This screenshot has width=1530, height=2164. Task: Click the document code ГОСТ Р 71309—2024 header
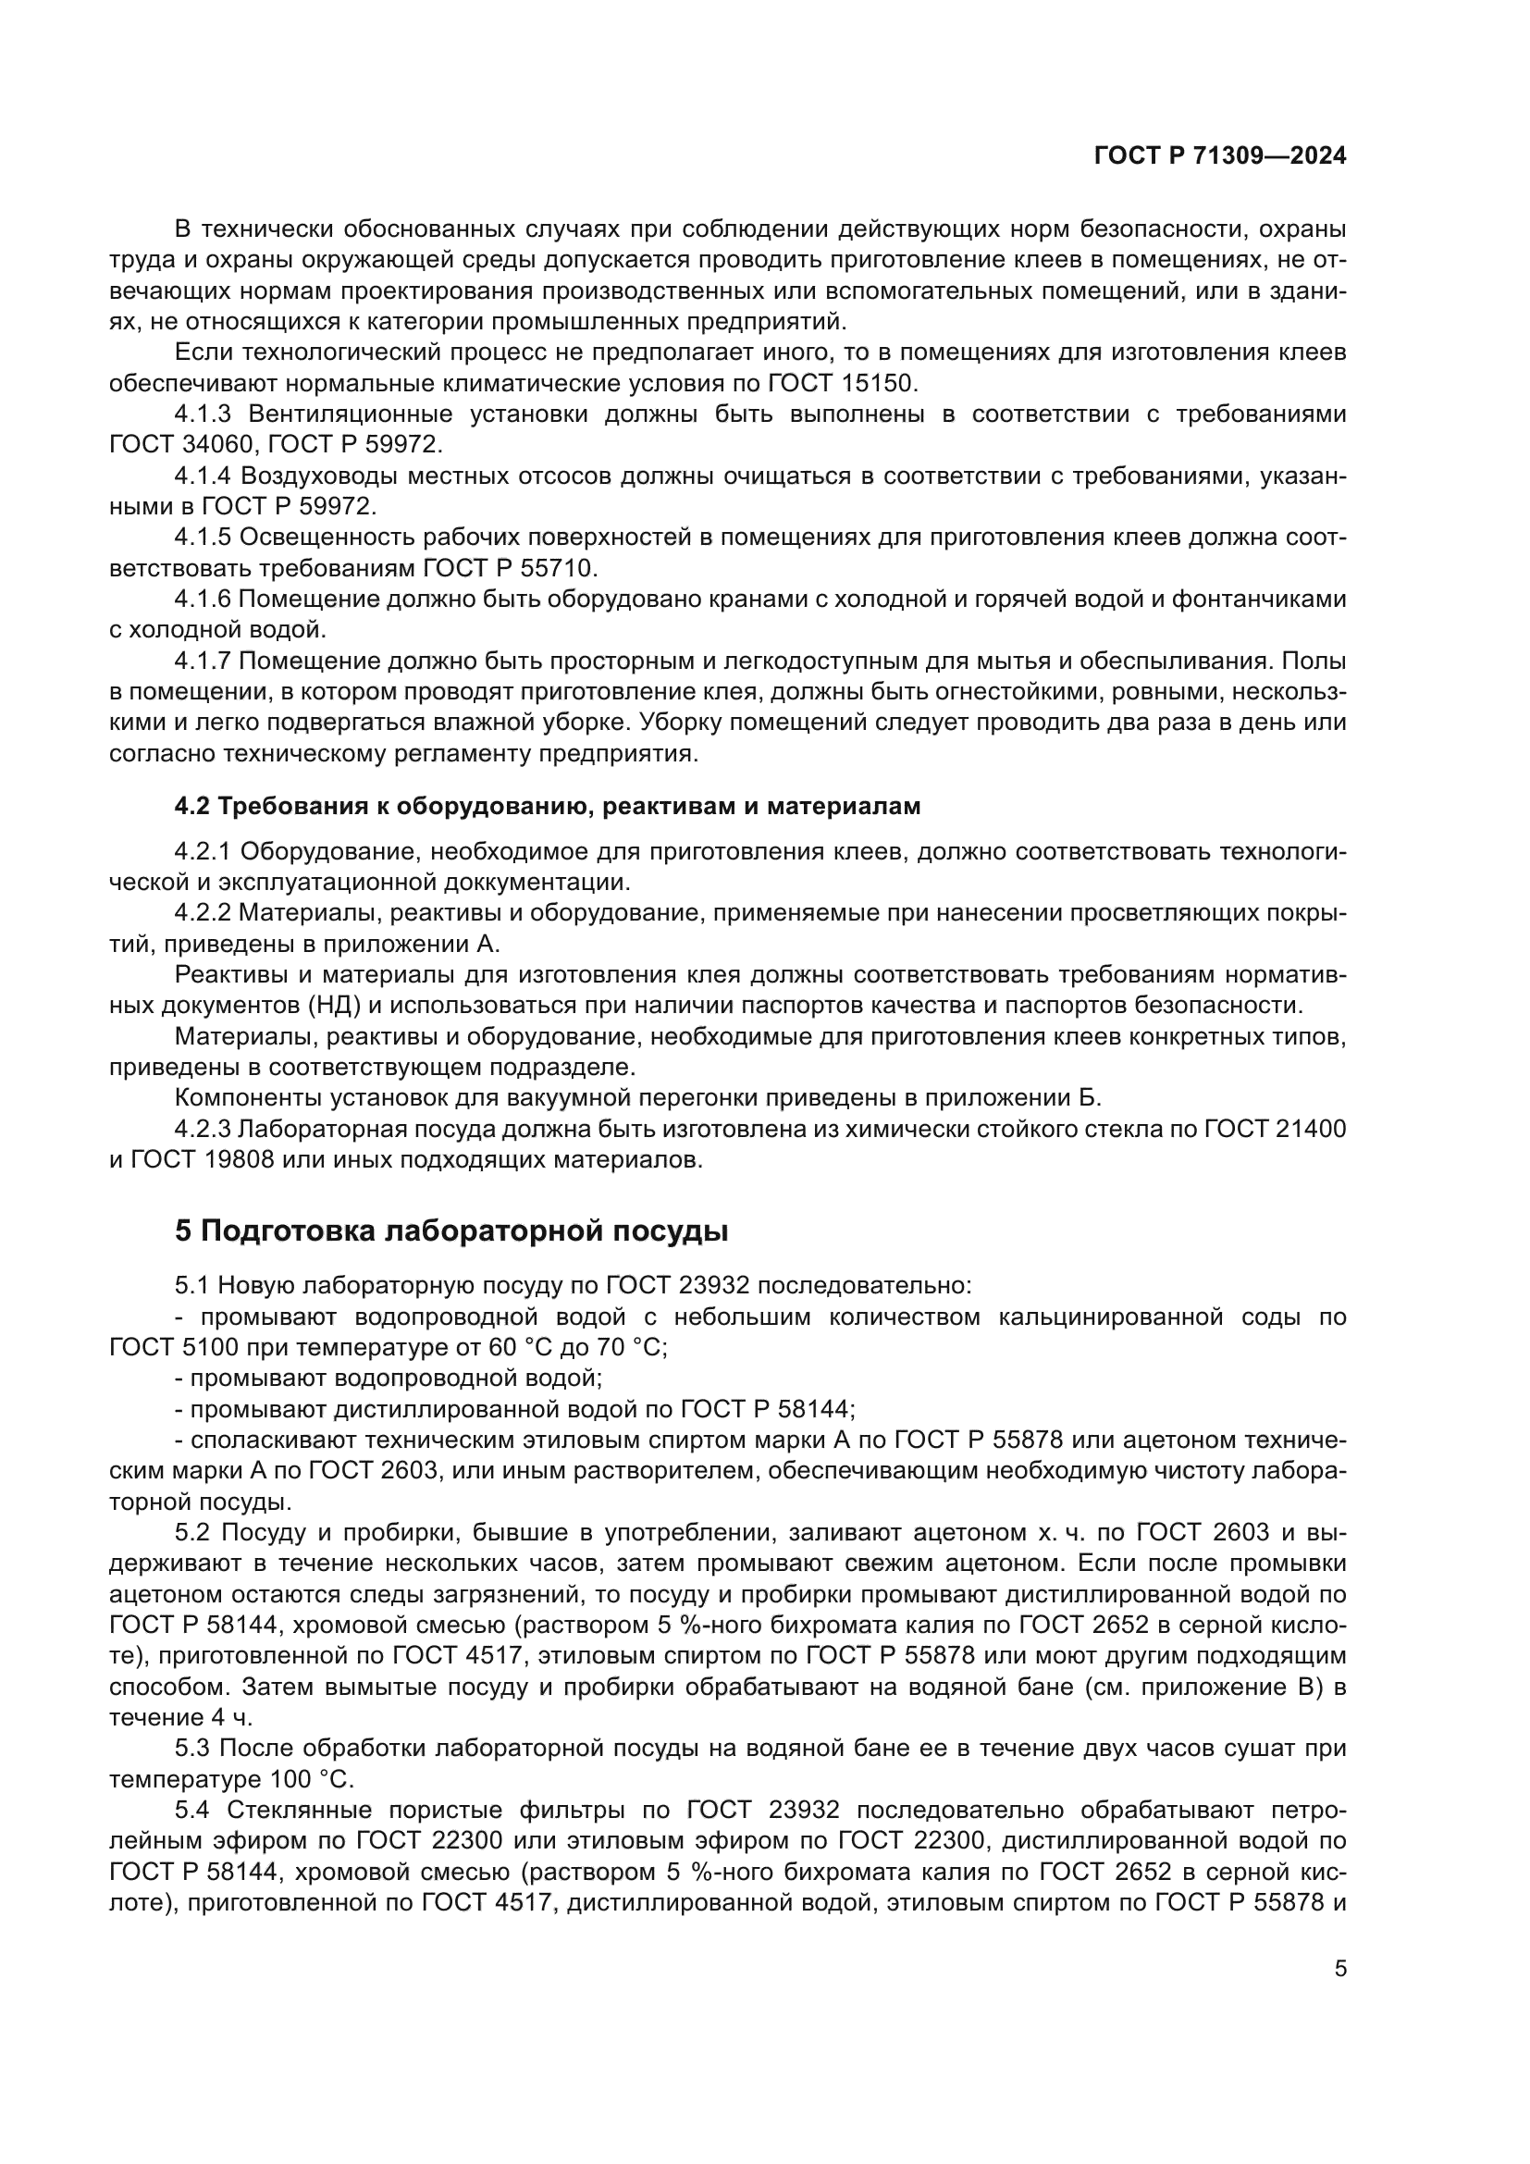(1220, 156)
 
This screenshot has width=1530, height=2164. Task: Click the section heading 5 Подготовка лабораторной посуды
(451, 1230)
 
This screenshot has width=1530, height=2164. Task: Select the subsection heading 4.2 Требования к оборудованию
(548, 806)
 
